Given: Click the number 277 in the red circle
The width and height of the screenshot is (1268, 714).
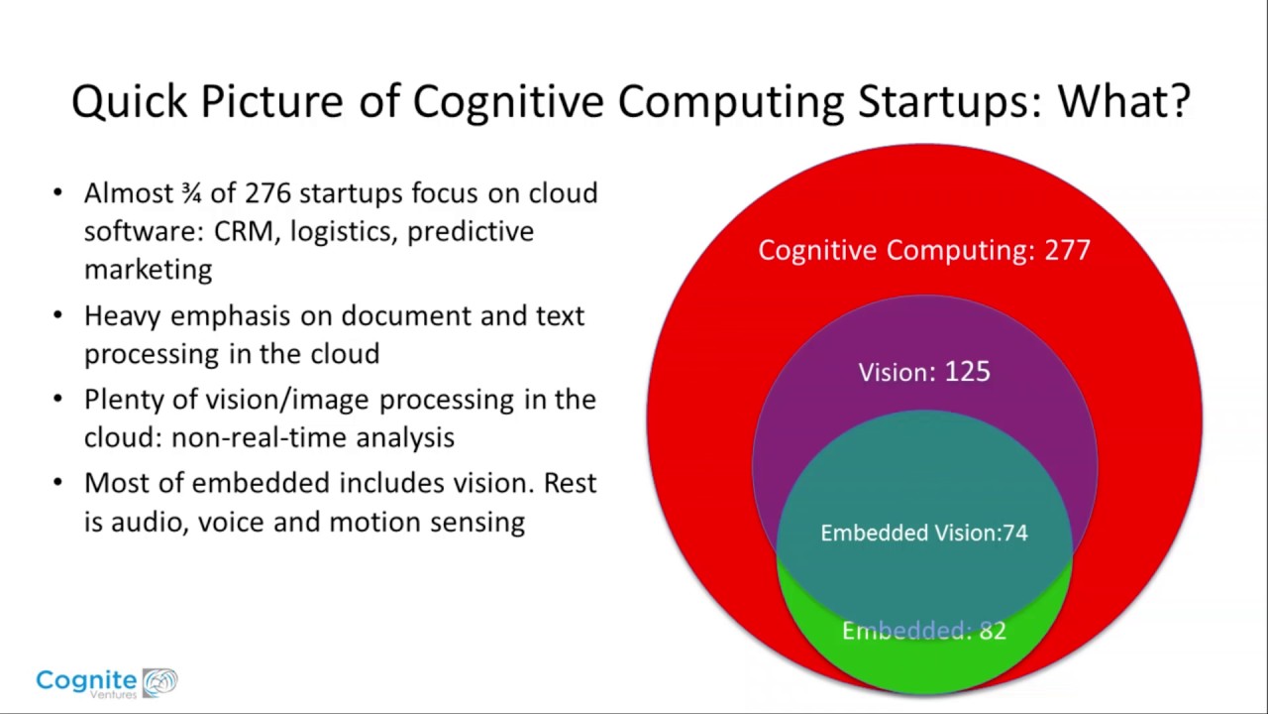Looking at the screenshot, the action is [1067, 250].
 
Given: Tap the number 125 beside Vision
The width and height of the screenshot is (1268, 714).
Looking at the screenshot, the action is [968, 372].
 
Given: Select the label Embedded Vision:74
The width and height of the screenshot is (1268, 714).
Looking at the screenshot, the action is [924, 533].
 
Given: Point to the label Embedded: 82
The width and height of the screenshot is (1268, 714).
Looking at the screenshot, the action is [924, 630].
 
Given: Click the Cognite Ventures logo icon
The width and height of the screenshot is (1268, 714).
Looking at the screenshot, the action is [160, 681].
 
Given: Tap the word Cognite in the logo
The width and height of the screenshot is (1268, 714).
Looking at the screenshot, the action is [86, 679].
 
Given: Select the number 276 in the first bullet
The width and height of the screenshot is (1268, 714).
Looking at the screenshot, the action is [267, 193].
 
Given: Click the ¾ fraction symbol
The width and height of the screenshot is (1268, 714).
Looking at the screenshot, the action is [191, 193].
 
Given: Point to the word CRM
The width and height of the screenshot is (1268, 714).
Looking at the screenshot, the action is [244, 231].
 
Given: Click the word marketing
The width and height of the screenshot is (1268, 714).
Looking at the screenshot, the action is [149, 270].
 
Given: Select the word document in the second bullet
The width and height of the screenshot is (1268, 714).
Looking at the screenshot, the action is [406, 315].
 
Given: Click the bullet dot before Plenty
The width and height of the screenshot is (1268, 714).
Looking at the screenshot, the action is [57, 399].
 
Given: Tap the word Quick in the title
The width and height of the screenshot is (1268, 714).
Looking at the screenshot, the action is [129, 102].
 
